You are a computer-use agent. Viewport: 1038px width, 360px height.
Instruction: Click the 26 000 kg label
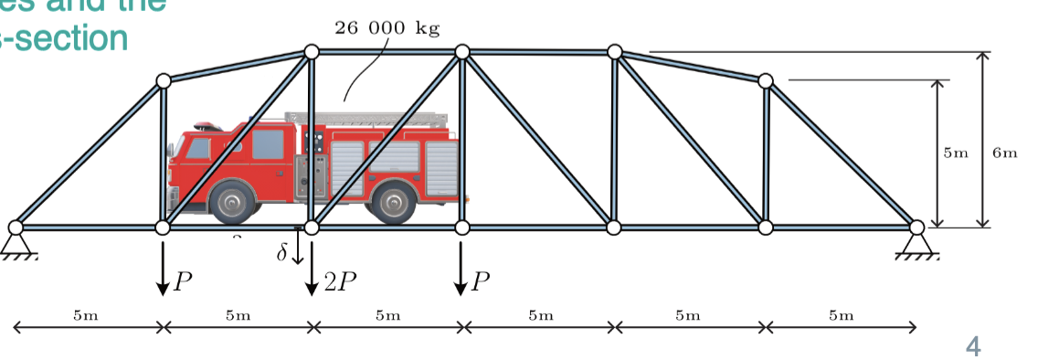[x=387, y=27]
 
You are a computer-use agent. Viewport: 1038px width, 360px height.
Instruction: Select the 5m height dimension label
[x=955, y=153]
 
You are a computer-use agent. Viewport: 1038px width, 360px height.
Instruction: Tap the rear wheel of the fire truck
[x=395, y=203]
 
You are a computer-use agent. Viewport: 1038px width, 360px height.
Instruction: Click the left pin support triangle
[x=16, y=242]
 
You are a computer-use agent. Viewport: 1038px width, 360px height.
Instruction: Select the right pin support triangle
[x=916, y=242]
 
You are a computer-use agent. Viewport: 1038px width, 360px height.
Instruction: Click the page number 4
[x=973, y=346]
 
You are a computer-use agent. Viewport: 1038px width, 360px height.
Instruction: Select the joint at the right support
[x=916, y=226]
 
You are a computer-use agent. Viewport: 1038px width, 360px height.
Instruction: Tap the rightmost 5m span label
[x=841, y=316]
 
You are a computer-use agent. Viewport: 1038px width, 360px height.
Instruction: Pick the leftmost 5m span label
[x=85, y=316]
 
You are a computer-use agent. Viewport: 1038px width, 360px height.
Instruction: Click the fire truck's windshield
[x=199, y=147]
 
